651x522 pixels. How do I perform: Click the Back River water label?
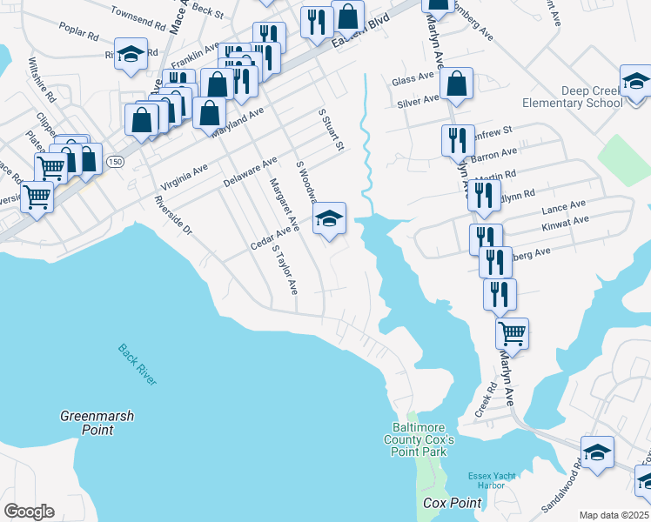tap(138, 365)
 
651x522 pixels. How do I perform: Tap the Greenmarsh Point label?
tap(97, 423)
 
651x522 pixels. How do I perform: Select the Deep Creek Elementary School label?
tap(572, 97)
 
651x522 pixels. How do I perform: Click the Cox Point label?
tap(453, 504)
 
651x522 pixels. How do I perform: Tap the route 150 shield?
tap(115, 162)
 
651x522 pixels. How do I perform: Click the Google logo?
tap(29, 512)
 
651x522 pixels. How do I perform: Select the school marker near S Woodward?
tap(330, 219)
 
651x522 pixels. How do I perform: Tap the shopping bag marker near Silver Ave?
tap(456, 85)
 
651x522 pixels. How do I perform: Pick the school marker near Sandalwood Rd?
tap(597, 453)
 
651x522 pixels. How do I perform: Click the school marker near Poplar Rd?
tap(131, 54)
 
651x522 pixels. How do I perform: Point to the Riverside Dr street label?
tap(172, 211)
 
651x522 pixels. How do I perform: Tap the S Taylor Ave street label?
tap(285, 271)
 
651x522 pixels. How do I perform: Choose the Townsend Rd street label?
tap(138, 21)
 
